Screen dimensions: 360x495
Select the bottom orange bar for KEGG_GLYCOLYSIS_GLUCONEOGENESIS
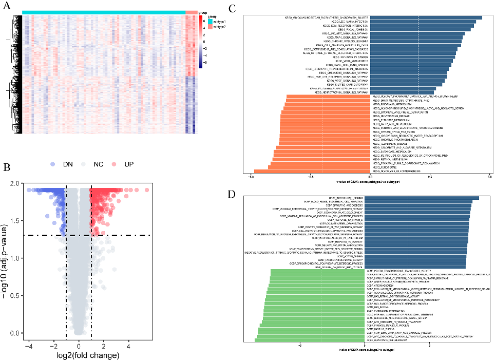[x=312, y=171]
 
